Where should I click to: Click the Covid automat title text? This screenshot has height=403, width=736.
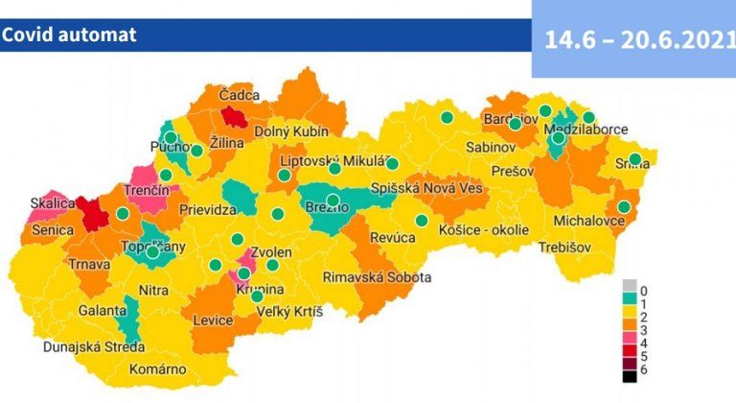pos(69,36)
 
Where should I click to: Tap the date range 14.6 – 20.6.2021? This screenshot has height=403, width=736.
pos(632,40)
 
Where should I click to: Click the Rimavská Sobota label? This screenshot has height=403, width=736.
pos(377,276)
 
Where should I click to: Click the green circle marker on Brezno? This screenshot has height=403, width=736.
pos(333,201)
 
